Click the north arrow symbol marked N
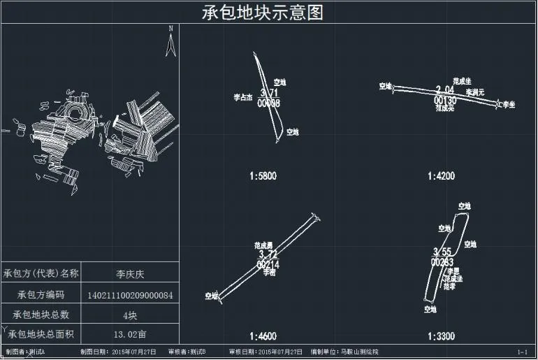(170, 42)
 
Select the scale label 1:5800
(263, 176)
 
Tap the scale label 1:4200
(442, 176)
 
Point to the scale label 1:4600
(263, 336)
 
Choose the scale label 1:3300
(442, 336)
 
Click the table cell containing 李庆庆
(130, 275)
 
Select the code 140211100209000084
(130, 296)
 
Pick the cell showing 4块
(130, 315)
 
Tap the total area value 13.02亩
(130, 334)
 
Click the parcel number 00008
(269, 103)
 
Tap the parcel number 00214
(268, 265)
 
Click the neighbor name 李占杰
(242, 98)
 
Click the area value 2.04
(444, 89)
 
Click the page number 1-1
(522, 352)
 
